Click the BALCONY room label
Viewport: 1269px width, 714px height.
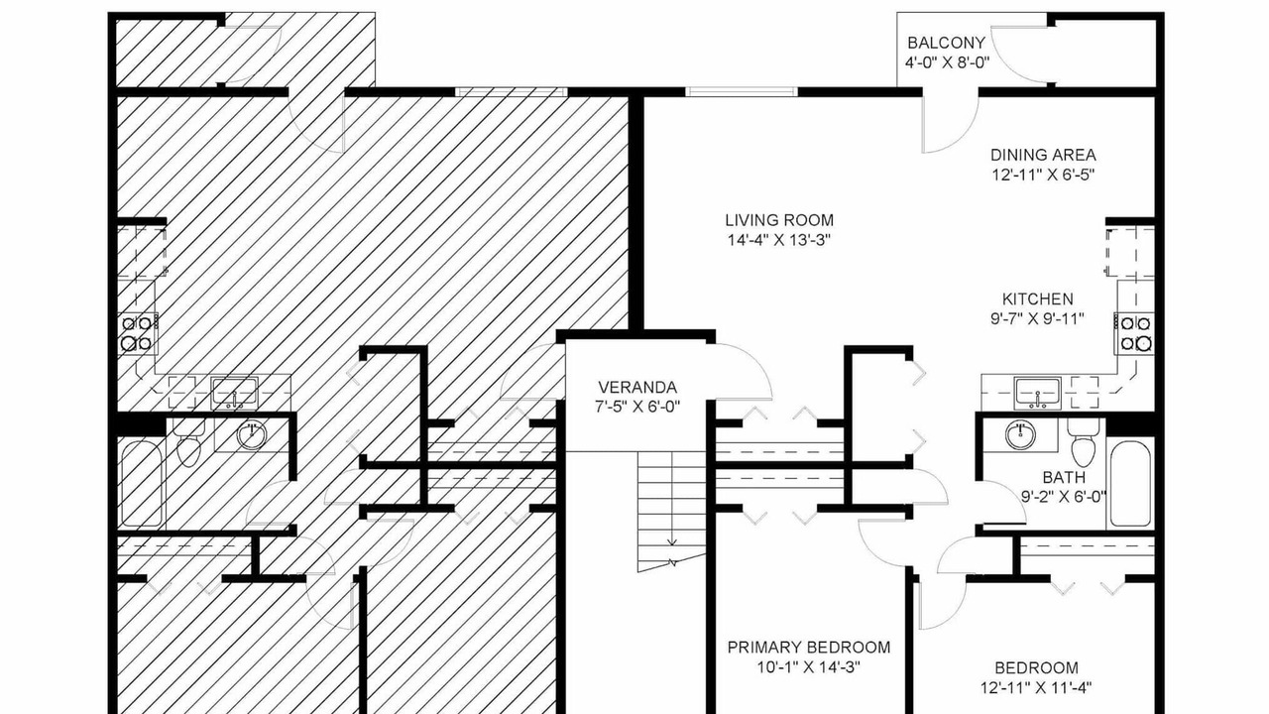click(x=946, y=43)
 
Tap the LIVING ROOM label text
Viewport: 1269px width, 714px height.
click(x=779, y=220)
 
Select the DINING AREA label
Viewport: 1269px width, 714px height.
click(x=1043, y=155)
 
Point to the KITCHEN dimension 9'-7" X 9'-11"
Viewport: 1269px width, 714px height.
click(x=1037, y=319)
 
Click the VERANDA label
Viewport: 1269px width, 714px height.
click(x=637, y=387)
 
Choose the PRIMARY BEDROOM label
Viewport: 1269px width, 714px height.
click(x=809, y=648)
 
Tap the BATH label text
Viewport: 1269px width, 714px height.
click(x=1064, y=477)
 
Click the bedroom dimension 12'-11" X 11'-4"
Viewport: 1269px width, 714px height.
click(x=1036, y=688)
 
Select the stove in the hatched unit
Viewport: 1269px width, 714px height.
click(x=138, y=334)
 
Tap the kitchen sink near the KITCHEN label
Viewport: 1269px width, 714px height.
click(x=1038, y=393)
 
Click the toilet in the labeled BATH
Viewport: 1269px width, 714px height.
click(x=1083, y=442)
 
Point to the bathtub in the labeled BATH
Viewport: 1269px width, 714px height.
click(x=1130, y=485)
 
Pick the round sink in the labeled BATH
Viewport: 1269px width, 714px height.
click(x=1020, y=435)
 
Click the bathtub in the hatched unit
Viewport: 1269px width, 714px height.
click(x=142, y=485)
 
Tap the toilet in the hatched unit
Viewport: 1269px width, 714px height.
click(x=189, y=442)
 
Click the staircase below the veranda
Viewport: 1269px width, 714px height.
click(x=672, y=510)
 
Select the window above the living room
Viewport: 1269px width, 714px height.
click(x=742, y=92)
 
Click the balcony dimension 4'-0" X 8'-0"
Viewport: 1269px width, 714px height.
click(x=947, y=62)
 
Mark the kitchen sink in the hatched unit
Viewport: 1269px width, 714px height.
click(x=235, y=393)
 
